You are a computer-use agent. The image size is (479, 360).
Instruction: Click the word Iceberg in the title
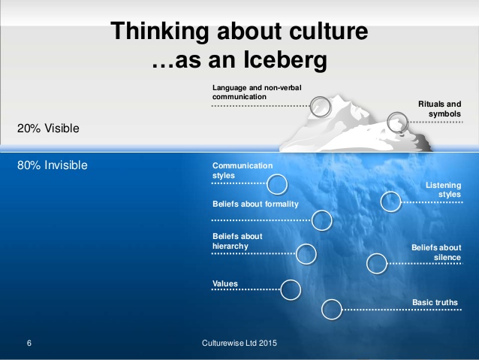pyautogui.click(x=285, y=60)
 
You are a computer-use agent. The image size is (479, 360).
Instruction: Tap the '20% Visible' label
pyautogui.click(x=48, y=129)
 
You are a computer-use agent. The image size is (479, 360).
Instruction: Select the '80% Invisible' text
pyautogui.click(x=53, y=165)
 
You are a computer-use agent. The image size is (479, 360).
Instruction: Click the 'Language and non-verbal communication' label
pyautogui.click(x=257, y=92)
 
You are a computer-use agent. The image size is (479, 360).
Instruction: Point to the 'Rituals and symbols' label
pyautogui.click(x=440, y=109)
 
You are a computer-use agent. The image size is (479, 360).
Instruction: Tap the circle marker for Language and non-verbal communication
pyautogui.click(x=311, y=106)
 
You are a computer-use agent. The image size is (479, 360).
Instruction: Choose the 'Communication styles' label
pyautogui.click(x=243, y=171)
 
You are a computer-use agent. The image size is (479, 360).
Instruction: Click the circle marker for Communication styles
pyautogui.click(x=267, y=184)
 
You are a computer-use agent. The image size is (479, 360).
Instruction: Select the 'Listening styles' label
pyautogui.click(x=443, y=189)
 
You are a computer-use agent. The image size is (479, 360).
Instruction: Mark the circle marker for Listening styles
pyautogui.click(x=381, y=202)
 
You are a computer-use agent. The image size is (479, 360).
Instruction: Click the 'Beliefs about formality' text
pyautogui.click(x=255, y=204)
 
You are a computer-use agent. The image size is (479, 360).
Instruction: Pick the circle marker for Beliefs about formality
pyautogui.click(x=312, y=220)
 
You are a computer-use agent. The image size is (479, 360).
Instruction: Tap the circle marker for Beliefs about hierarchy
pyautogui.click(x=297, y=254)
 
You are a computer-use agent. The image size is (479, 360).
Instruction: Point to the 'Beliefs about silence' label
pyautogui.click(x=436, y=253)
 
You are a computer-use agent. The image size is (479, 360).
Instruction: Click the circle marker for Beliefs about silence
pyautogui.click(x=367, y=264)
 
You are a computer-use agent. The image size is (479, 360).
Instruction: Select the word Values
pyautogui.click(x=224, y=283)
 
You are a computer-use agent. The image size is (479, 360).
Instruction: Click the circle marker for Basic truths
pyautogui.click(x=322, y=310)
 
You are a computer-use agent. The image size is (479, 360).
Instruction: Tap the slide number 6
pyautogui.click(x=29, y=343)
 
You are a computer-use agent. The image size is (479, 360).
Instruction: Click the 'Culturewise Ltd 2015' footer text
pyautogui.click(x=239, y=343)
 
